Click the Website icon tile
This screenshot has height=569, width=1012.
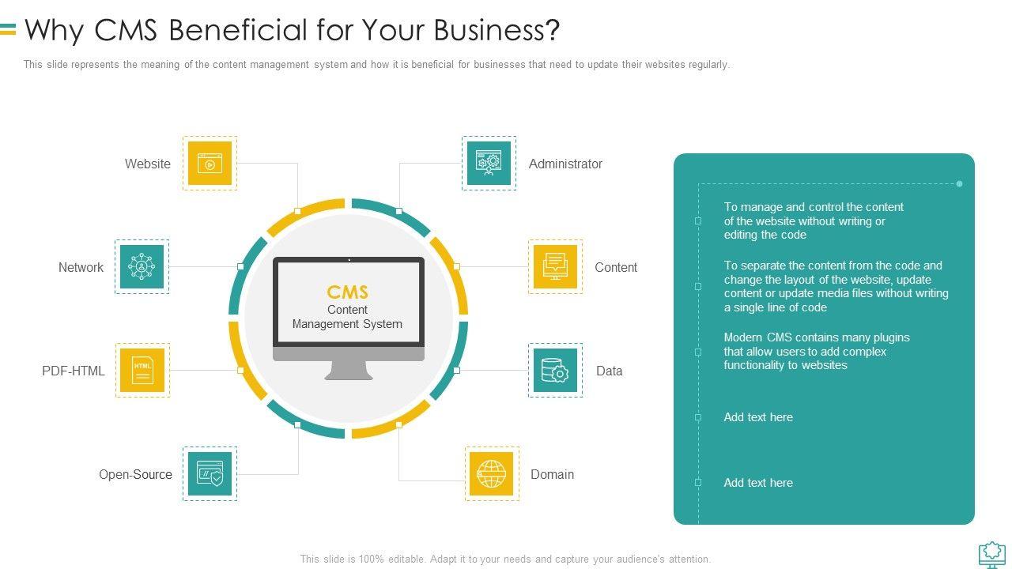[210, 164]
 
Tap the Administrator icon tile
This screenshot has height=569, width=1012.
[489, 164]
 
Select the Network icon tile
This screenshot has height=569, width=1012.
[142, 267]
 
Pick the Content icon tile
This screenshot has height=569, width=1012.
[555, 267]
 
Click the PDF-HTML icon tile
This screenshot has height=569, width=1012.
[142, 370]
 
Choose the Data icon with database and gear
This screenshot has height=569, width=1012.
[555, 370]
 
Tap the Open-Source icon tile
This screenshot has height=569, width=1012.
[210, 473]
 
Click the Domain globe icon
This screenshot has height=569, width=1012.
[492, 473]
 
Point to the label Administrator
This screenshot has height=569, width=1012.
[565, 164]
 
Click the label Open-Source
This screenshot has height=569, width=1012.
[135, 474]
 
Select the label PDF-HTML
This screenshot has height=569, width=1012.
[74, 371]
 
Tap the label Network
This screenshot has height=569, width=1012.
[81, 268]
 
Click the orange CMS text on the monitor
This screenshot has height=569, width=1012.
[348, 292]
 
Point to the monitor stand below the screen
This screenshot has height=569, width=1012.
[349, 368]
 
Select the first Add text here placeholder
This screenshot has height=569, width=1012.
[758, 417]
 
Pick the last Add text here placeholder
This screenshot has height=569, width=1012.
[758, 483]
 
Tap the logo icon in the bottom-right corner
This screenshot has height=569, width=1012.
[992, 554]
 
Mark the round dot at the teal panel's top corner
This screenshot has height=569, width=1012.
[959, 184]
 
